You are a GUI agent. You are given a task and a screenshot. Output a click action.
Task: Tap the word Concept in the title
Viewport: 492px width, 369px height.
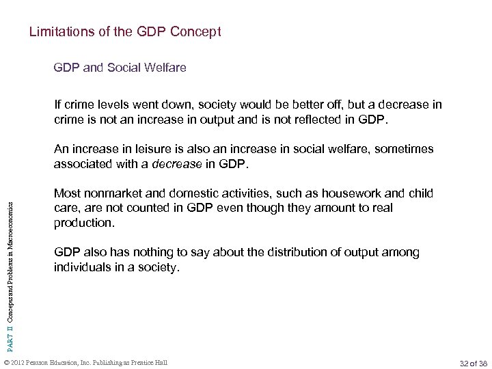(199, 32)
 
